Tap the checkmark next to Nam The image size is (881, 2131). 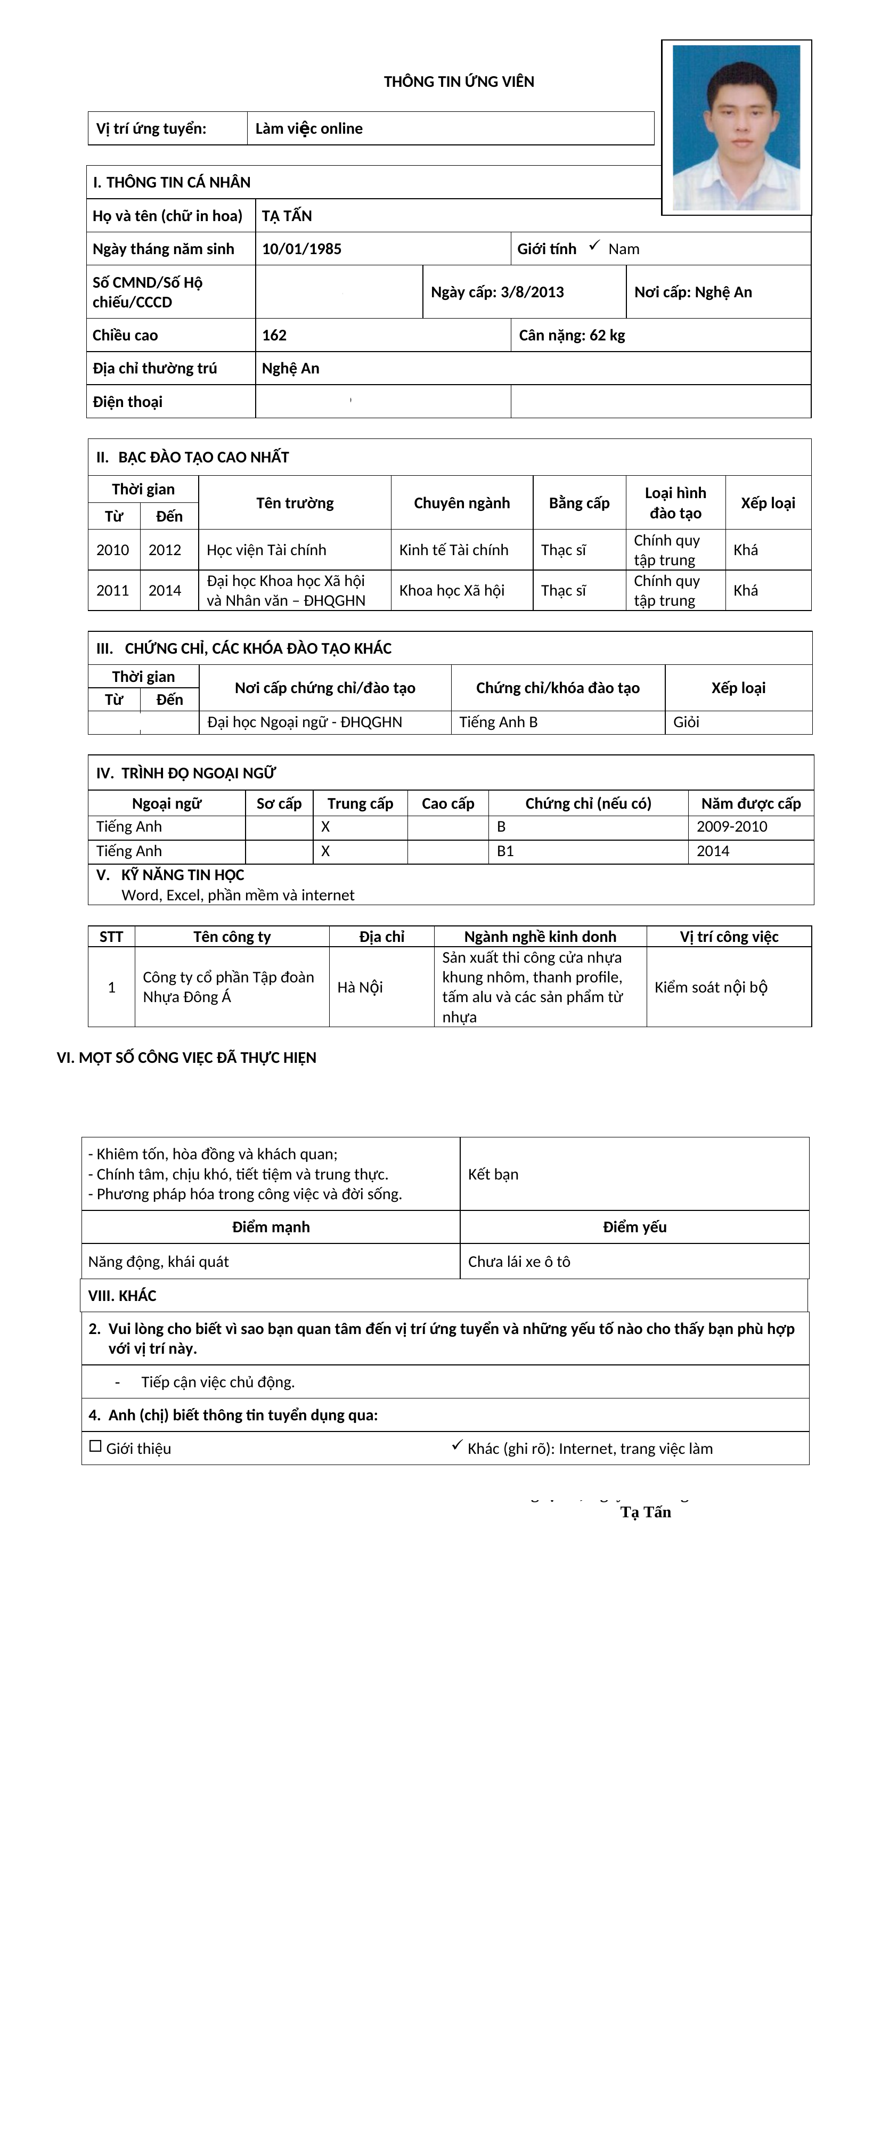594,247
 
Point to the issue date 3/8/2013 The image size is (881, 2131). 532,292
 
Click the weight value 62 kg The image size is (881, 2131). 607,335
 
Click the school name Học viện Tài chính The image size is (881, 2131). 266,550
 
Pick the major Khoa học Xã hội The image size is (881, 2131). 452,591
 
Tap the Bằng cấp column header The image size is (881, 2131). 579,503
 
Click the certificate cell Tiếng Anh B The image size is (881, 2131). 498,722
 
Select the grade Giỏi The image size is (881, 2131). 686,722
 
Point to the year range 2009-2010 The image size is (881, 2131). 731,826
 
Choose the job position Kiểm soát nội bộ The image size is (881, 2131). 711,987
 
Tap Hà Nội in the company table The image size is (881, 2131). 360,987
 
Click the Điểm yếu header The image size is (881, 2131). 634,1227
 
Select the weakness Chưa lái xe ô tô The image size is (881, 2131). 519,1262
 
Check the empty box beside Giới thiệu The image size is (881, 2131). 95,1446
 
